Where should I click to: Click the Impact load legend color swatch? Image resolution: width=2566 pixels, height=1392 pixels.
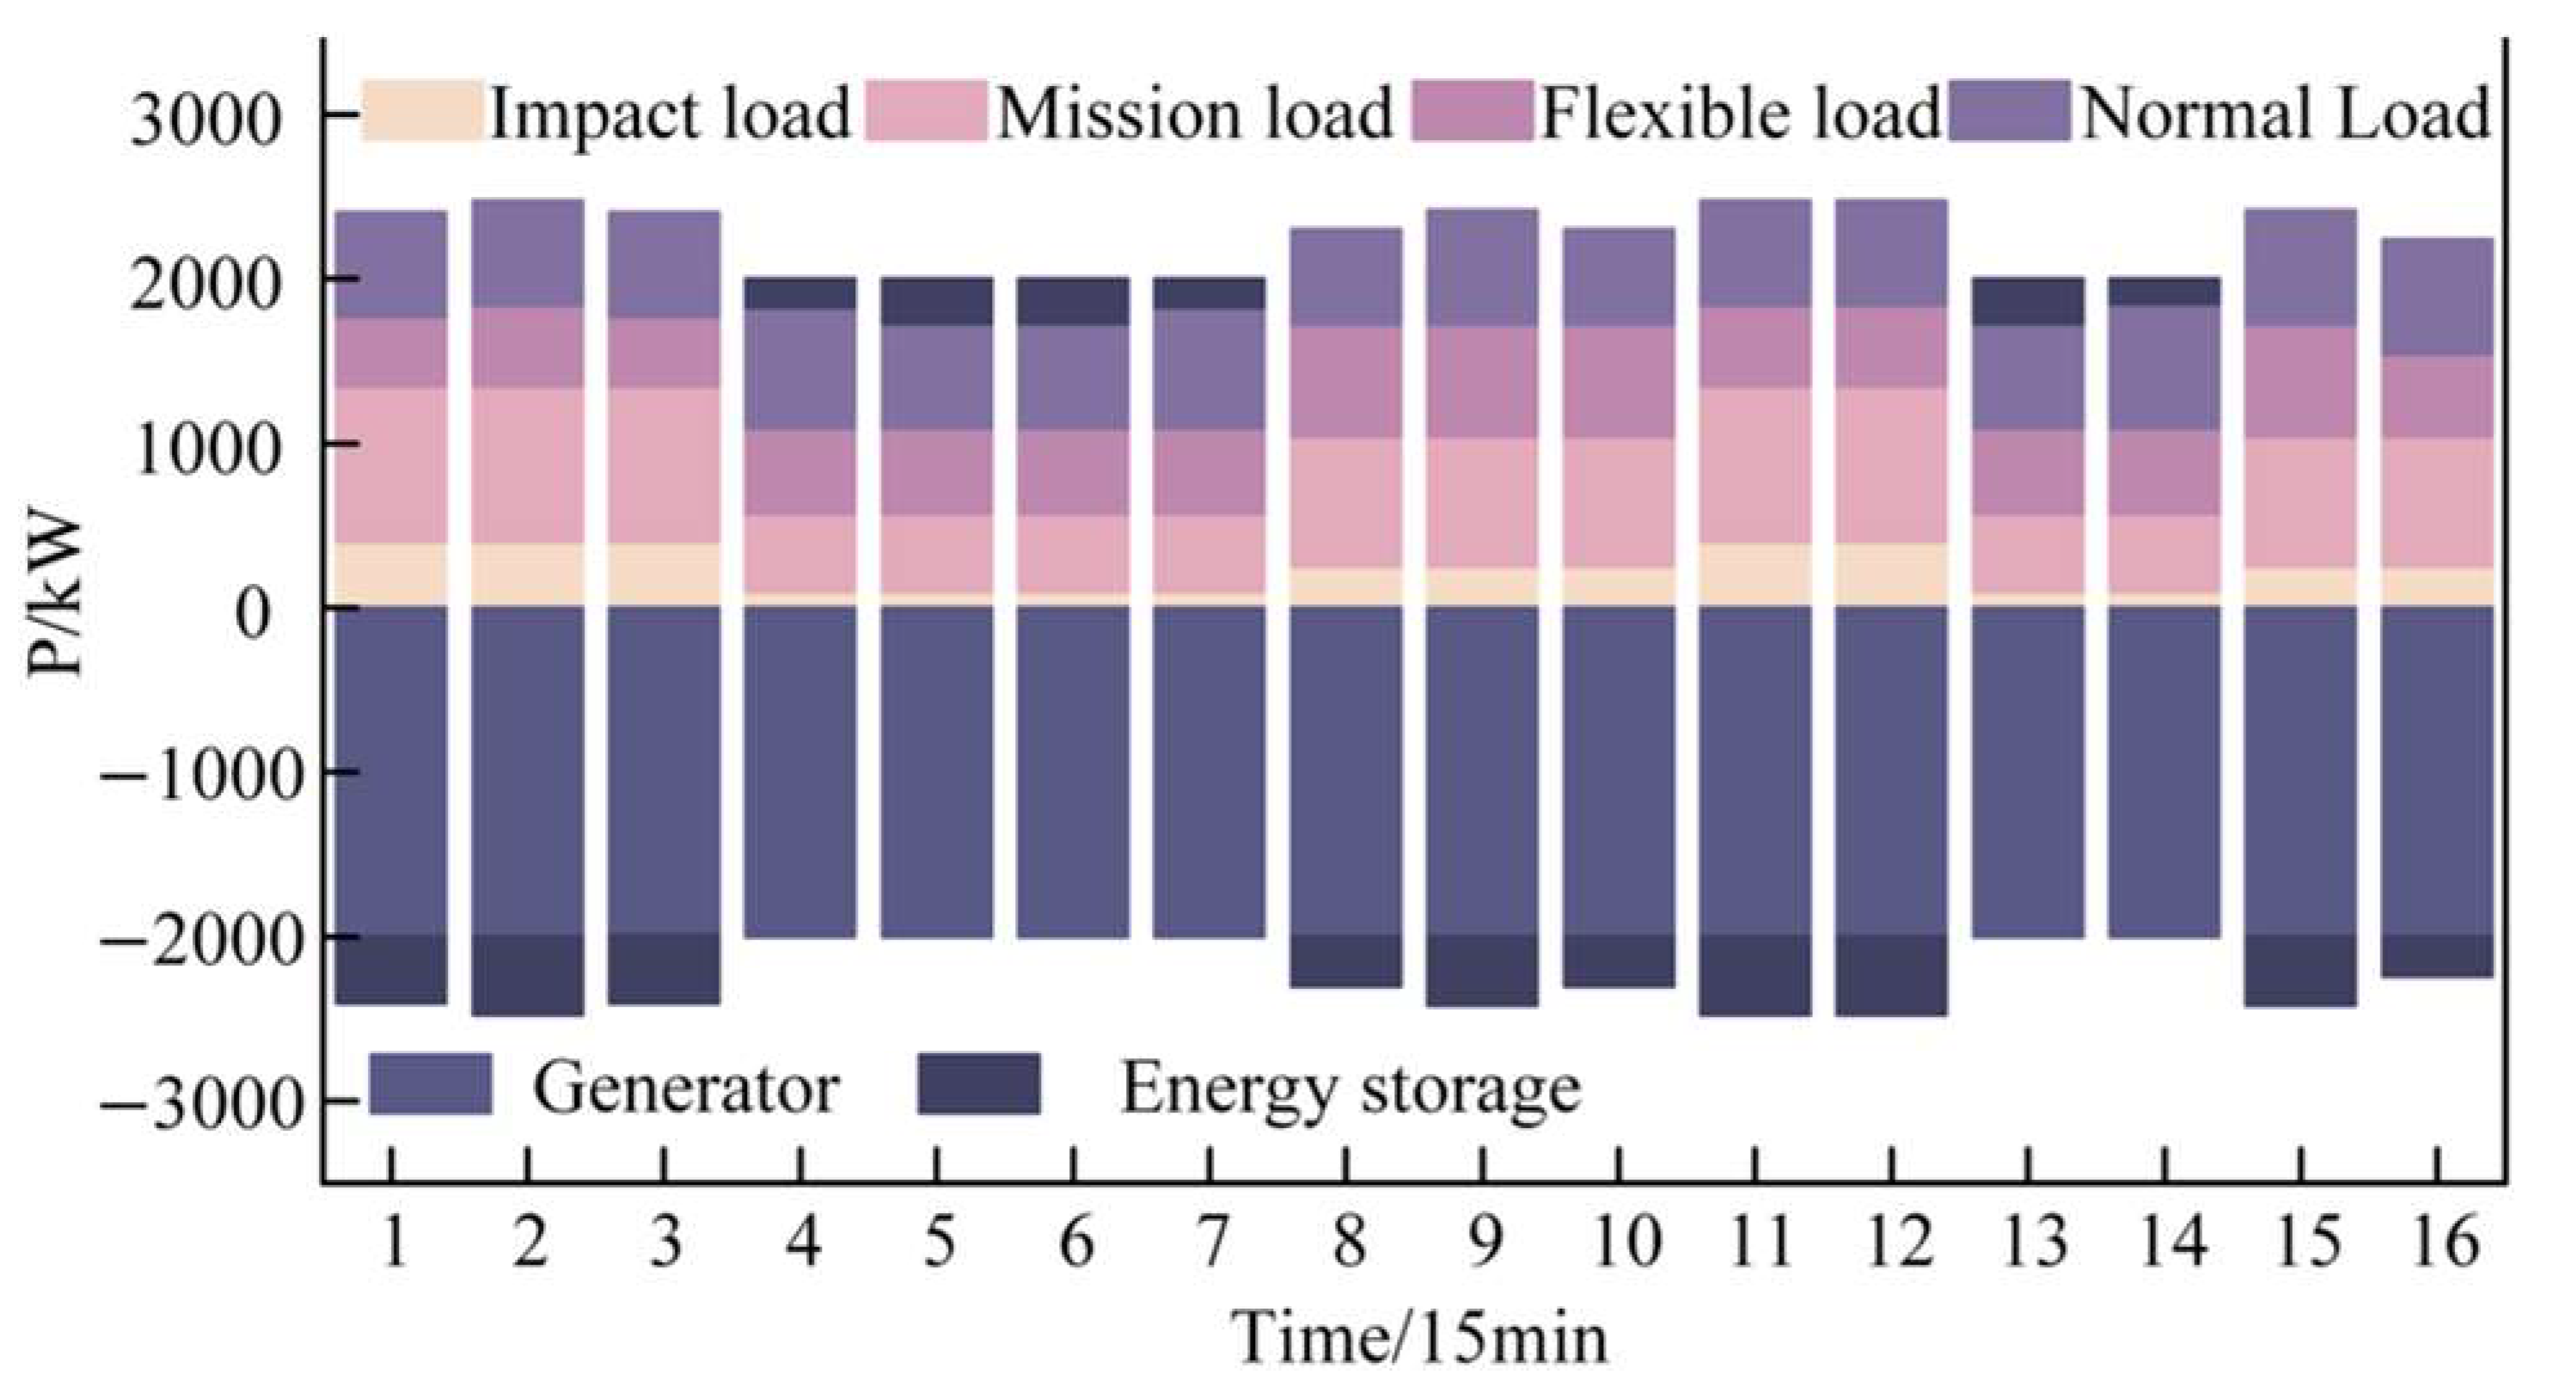point(421,112)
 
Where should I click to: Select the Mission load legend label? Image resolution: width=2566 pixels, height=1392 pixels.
point(1193,112)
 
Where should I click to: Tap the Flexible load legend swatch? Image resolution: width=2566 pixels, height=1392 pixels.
point(1473,112)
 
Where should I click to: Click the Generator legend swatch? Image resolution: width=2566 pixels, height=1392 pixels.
point(431,1084)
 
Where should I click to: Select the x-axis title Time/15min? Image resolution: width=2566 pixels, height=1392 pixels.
point(1420,1338)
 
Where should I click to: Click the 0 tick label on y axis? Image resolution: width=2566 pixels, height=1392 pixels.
point(253,614)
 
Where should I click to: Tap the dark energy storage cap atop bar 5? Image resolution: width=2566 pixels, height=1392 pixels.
point(936,302)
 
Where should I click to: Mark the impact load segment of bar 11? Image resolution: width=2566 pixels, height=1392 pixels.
point(1755,574)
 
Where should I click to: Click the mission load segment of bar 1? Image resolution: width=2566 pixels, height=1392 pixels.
point(390,465)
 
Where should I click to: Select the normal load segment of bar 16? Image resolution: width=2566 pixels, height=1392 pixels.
point(2436,296)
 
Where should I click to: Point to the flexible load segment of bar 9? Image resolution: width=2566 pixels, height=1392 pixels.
point(1482,383)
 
